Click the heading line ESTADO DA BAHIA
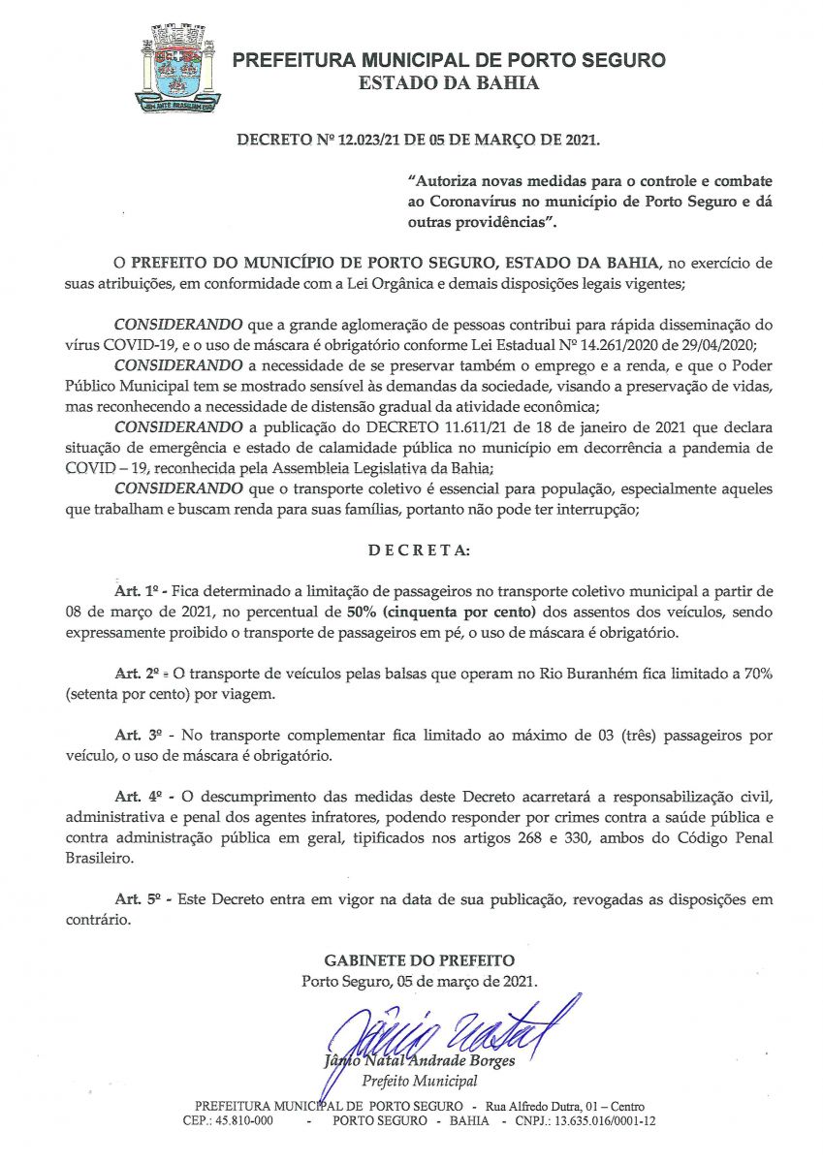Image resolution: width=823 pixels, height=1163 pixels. (449, 83)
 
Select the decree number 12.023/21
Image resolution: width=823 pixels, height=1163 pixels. (367, 141)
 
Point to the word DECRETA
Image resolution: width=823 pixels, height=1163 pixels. (419, 550)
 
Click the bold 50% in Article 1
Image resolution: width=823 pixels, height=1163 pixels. (364, 612)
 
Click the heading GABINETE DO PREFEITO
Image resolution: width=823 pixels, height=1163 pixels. (420, 960)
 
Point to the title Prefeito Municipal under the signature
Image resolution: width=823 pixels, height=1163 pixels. (420, 1081)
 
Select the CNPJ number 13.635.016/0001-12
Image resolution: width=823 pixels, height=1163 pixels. (609, 1121)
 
